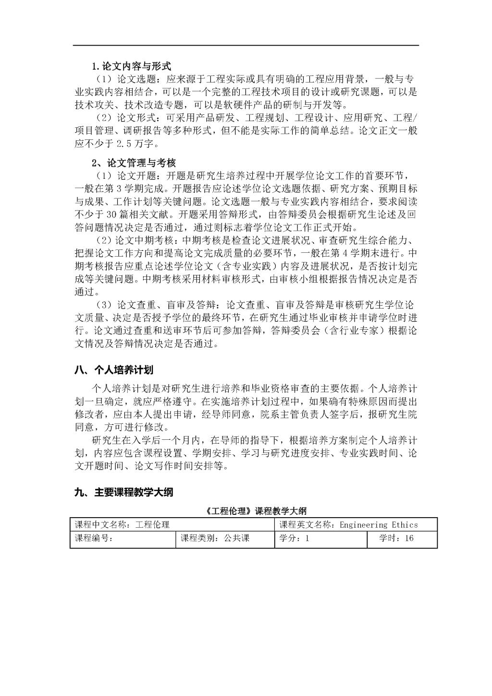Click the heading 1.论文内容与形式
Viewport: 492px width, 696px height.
[x=131, y=66]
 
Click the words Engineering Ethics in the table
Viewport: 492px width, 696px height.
[x=379, y=525]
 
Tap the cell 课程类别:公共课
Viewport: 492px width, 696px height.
[x=215, y=538]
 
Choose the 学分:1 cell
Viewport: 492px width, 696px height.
[x=295, y=538]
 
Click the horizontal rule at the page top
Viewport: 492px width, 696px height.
[x=246, y=46]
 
